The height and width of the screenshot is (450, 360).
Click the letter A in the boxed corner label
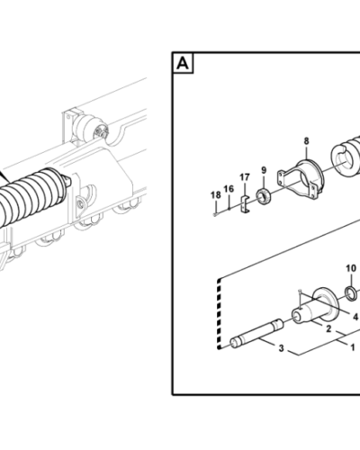pos(183,64)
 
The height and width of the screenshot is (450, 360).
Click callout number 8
pos(306,141)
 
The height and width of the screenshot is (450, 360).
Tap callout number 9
pos(263,171)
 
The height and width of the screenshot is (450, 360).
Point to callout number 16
pos(229,188)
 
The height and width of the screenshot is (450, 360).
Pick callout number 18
pos(214,195)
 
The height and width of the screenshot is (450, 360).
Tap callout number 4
pos(355,317)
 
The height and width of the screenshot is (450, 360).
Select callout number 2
pos(328,330)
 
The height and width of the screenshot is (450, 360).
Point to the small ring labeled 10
pos(352,292)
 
